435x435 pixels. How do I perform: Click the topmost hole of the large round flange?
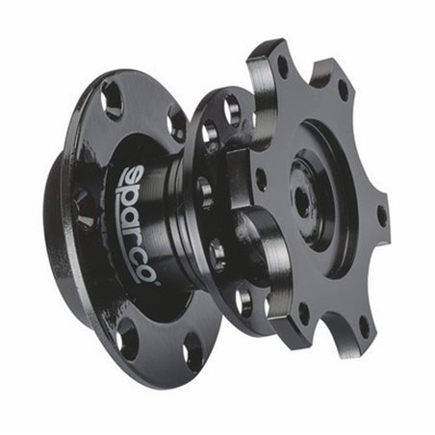pyautogui.click(x=112, y=99)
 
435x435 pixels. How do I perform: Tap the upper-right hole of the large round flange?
pyautogui.click(x=177, y=123)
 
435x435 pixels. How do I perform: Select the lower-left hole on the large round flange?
pyautogui.click(x=128, y=339)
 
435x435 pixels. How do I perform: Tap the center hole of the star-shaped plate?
pyautogui.click(x=301, y=201)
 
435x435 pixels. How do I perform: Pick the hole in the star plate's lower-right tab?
pyautogui.click(x=362, y=325)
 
